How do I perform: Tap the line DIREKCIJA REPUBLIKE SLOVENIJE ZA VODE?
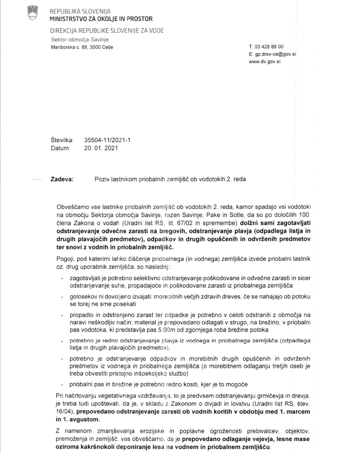(106, 31)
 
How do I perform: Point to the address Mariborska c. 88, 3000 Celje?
(81, 47)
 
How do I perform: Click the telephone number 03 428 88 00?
(269, 47)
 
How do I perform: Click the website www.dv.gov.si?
(265, 61)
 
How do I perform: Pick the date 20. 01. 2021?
(101, 148)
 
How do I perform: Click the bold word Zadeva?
(61, 179)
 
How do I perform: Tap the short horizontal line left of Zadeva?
(37, 179)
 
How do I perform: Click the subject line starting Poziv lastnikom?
(169, 179)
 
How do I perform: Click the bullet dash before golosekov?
(63, 296)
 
